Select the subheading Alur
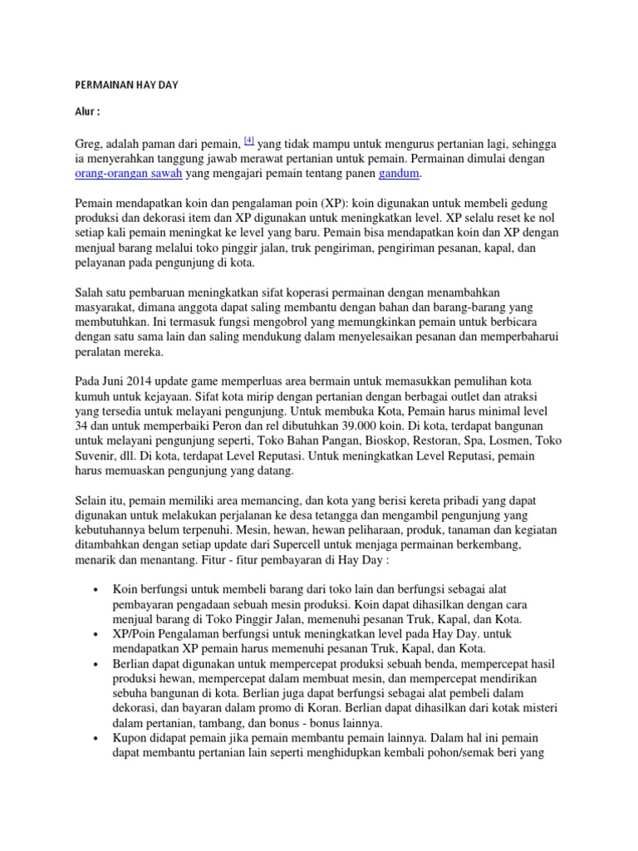[87, 111]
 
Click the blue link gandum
[400, 174]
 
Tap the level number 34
[81, 427]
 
